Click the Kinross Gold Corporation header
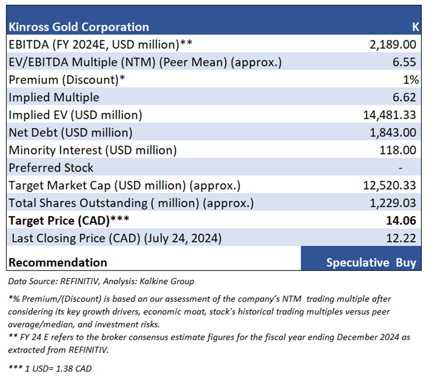coord(79,27)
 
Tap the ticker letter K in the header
coord(415,27)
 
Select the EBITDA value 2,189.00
coord(393,45)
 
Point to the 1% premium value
coord(410,80)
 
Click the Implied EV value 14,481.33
coord(389,115)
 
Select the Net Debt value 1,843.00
coord(393,133)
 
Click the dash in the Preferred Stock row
coord(401,168)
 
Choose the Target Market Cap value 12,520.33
coord(389,185)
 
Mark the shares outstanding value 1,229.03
coord(393,203)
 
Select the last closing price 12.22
coord(404,238)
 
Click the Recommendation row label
coord(58,263)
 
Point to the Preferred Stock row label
coord(51,168)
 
